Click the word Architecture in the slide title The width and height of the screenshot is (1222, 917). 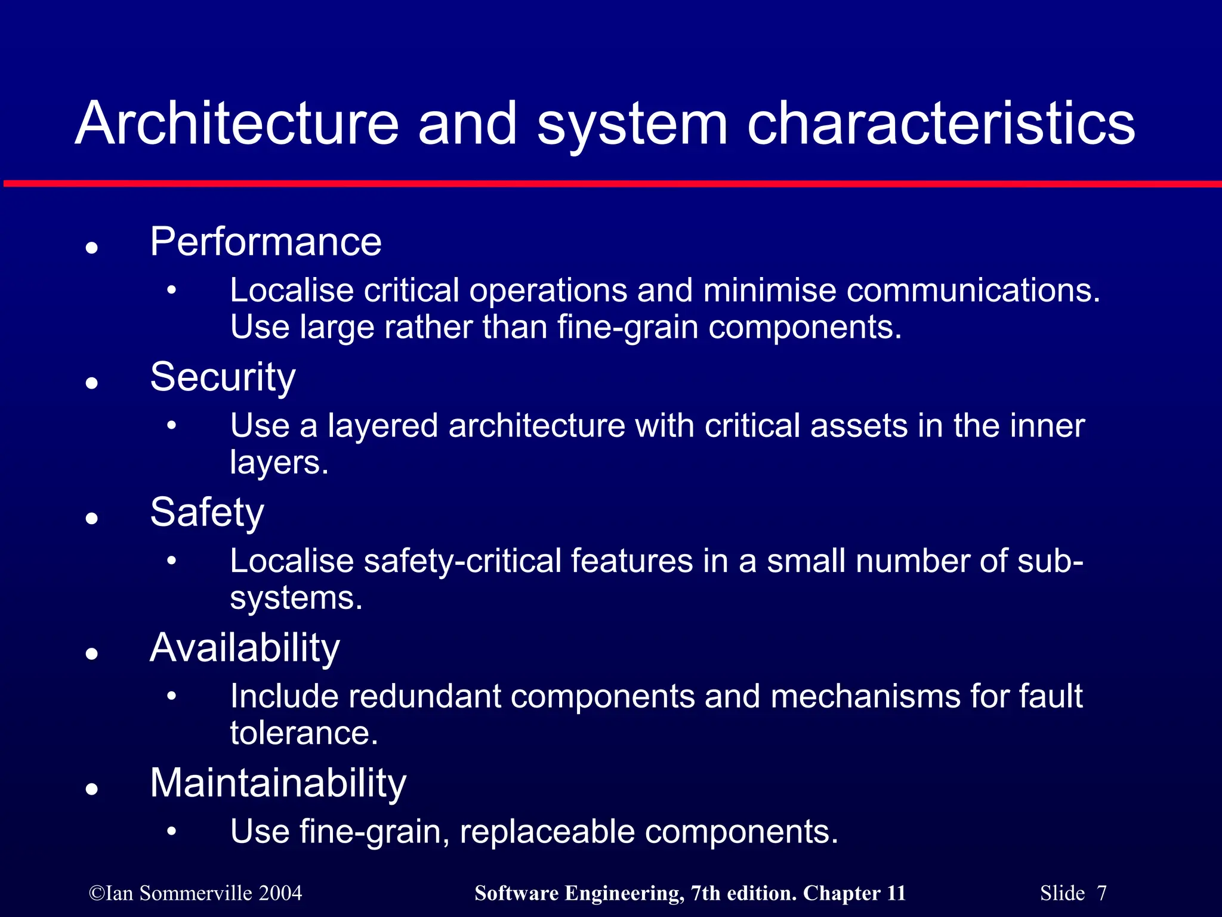pyautogui.click(x=237, y=124)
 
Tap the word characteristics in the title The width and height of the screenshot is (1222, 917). pyautogui.click(x=941, y=124)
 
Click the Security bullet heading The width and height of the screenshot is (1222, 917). pyautogui.click(x=223, y=377)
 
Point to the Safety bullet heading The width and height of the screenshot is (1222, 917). pyautogui.click(x=206, y=513)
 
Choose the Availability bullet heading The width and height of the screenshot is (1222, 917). pyautogui.click(x=245, y=648)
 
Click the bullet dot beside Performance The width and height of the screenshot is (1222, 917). pyautogui.click(x=91, y=247)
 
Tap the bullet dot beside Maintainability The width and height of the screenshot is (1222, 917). pyautogui.click(x=91, y=789)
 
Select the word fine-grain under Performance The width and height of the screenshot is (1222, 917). pyautogui.click(x=628, y=327)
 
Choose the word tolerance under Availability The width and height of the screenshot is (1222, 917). pyautogui.click(x=304, y=733)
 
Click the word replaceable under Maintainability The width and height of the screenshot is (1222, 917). pyautogui.click(x=547, y=832)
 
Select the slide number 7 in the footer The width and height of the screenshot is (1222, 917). pyautogui.click(x=1101, y=893)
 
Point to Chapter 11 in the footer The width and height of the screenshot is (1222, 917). pyautogui.click(x=854, y=893)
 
